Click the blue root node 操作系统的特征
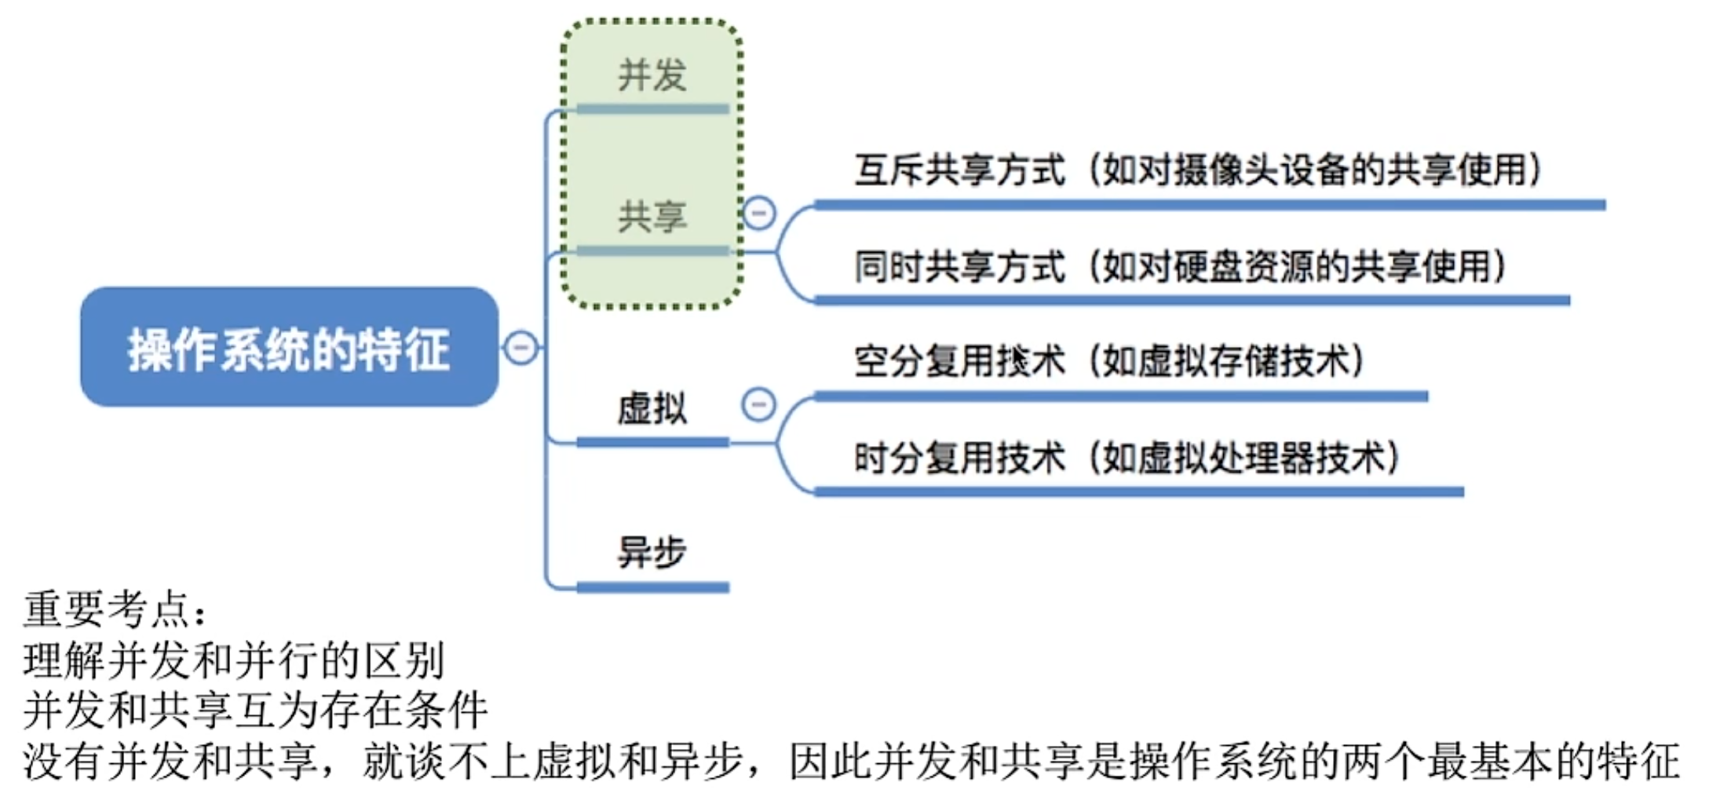(289, 346)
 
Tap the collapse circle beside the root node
(521, 348)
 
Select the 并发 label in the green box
(652, 75)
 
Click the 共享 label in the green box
(652, 216)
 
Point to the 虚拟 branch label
(652, 408)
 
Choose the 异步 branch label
(652, 551)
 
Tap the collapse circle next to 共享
(759, 213)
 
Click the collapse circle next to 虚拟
(759, 405)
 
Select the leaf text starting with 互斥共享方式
(1198, 170)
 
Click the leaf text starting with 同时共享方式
(1180, 265)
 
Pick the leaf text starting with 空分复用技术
(1109, 361)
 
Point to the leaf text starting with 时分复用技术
(1127, 457)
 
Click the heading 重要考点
(115, 609)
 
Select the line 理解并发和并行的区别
(234, 660)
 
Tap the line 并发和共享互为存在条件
(255, 710)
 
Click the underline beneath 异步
(653, 587)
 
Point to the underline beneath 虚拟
(653, 443)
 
